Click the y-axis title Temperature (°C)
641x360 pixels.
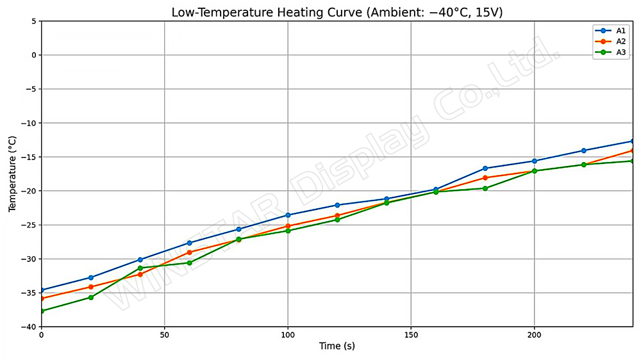[x=12, y=174]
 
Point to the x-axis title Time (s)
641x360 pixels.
[x=337, y=346]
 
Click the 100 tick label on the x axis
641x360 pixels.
[x=288, y=334]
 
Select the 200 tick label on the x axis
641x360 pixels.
[x=534, y=334]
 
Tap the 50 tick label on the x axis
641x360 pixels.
[x=165, y=334]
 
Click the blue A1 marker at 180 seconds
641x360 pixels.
[x=485, y=168]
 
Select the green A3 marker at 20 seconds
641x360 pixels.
[x=91, y=297]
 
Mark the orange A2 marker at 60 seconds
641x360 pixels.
[x=189, y=252]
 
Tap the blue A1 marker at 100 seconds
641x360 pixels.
[x=288, y=215]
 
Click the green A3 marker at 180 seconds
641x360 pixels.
[x=485, y=188]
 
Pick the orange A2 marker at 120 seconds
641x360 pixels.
[x=337, y=215]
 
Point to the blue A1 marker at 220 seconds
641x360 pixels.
[x=583, y=151]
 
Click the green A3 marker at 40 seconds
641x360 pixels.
[x=140, y=268]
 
